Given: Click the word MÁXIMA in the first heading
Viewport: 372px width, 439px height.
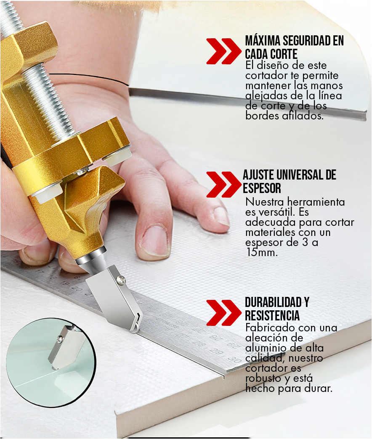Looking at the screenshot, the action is click(x=263, y=41).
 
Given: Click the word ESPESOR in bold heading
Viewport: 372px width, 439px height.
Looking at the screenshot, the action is click(x=262, y=188).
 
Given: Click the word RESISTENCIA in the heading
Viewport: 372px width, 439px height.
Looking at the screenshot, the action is click(x=272, y=315).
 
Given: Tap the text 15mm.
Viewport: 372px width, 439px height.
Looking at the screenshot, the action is click(x=262, y=253).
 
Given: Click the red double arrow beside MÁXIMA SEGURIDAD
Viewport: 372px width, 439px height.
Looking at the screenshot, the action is click(x=223, y=51).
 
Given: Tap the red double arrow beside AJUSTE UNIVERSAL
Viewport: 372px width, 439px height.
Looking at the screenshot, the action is click(x=223, y=184).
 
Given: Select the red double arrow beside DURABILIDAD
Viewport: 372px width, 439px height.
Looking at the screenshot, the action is click(x=223, y=312).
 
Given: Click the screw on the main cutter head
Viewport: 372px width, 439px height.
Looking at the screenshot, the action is click(x=121, y=280).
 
